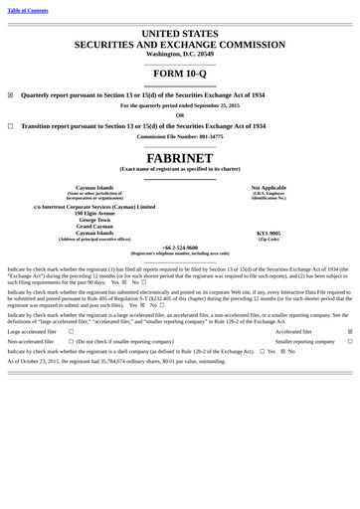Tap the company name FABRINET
179,158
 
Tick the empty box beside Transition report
10,126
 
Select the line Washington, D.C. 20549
179,53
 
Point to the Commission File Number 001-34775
179,136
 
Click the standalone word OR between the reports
179,115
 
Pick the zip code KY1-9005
269,233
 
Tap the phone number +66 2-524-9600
179,247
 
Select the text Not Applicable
269,187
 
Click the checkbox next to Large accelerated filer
71,331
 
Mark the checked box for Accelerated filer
349,331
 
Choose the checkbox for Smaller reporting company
349,341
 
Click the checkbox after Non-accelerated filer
71,341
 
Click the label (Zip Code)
269,239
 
